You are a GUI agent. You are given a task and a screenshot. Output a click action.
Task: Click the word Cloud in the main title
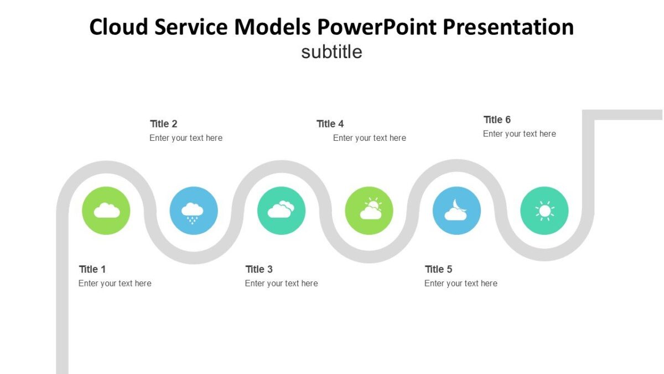coord(115,27)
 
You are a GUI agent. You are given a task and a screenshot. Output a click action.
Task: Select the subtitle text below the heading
coord(331,52)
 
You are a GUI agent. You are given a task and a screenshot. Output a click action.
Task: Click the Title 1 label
coord(92,269)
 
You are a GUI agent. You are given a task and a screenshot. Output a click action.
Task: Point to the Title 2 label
coord(164,124)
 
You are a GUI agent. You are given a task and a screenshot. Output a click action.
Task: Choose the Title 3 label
coord(259,269)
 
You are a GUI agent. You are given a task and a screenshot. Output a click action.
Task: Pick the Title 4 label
coord(330,124)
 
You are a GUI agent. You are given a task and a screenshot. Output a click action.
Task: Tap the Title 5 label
coord(439,269)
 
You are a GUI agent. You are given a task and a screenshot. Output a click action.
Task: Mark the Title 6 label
coord(497,120)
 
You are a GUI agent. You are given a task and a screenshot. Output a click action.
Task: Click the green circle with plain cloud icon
coord(106,211)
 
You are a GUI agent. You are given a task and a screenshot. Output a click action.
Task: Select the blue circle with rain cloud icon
coord(194,211)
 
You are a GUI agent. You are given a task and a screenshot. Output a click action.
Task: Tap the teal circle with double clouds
coord(281,211)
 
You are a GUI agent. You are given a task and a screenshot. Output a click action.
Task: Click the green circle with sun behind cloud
coord(369,211)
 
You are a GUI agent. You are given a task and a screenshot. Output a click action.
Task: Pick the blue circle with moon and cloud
coord(456,211)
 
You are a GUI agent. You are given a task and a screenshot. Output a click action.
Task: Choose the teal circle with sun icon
coord(544,211)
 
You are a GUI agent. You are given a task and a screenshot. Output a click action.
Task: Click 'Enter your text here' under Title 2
coord(186,138)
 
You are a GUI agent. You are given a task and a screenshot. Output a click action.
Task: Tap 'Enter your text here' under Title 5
coord(461,283)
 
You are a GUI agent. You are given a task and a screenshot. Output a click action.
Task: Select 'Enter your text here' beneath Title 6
coord(520,134)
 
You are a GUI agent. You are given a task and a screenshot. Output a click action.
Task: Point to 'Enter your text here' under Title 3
coord(282,283)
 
